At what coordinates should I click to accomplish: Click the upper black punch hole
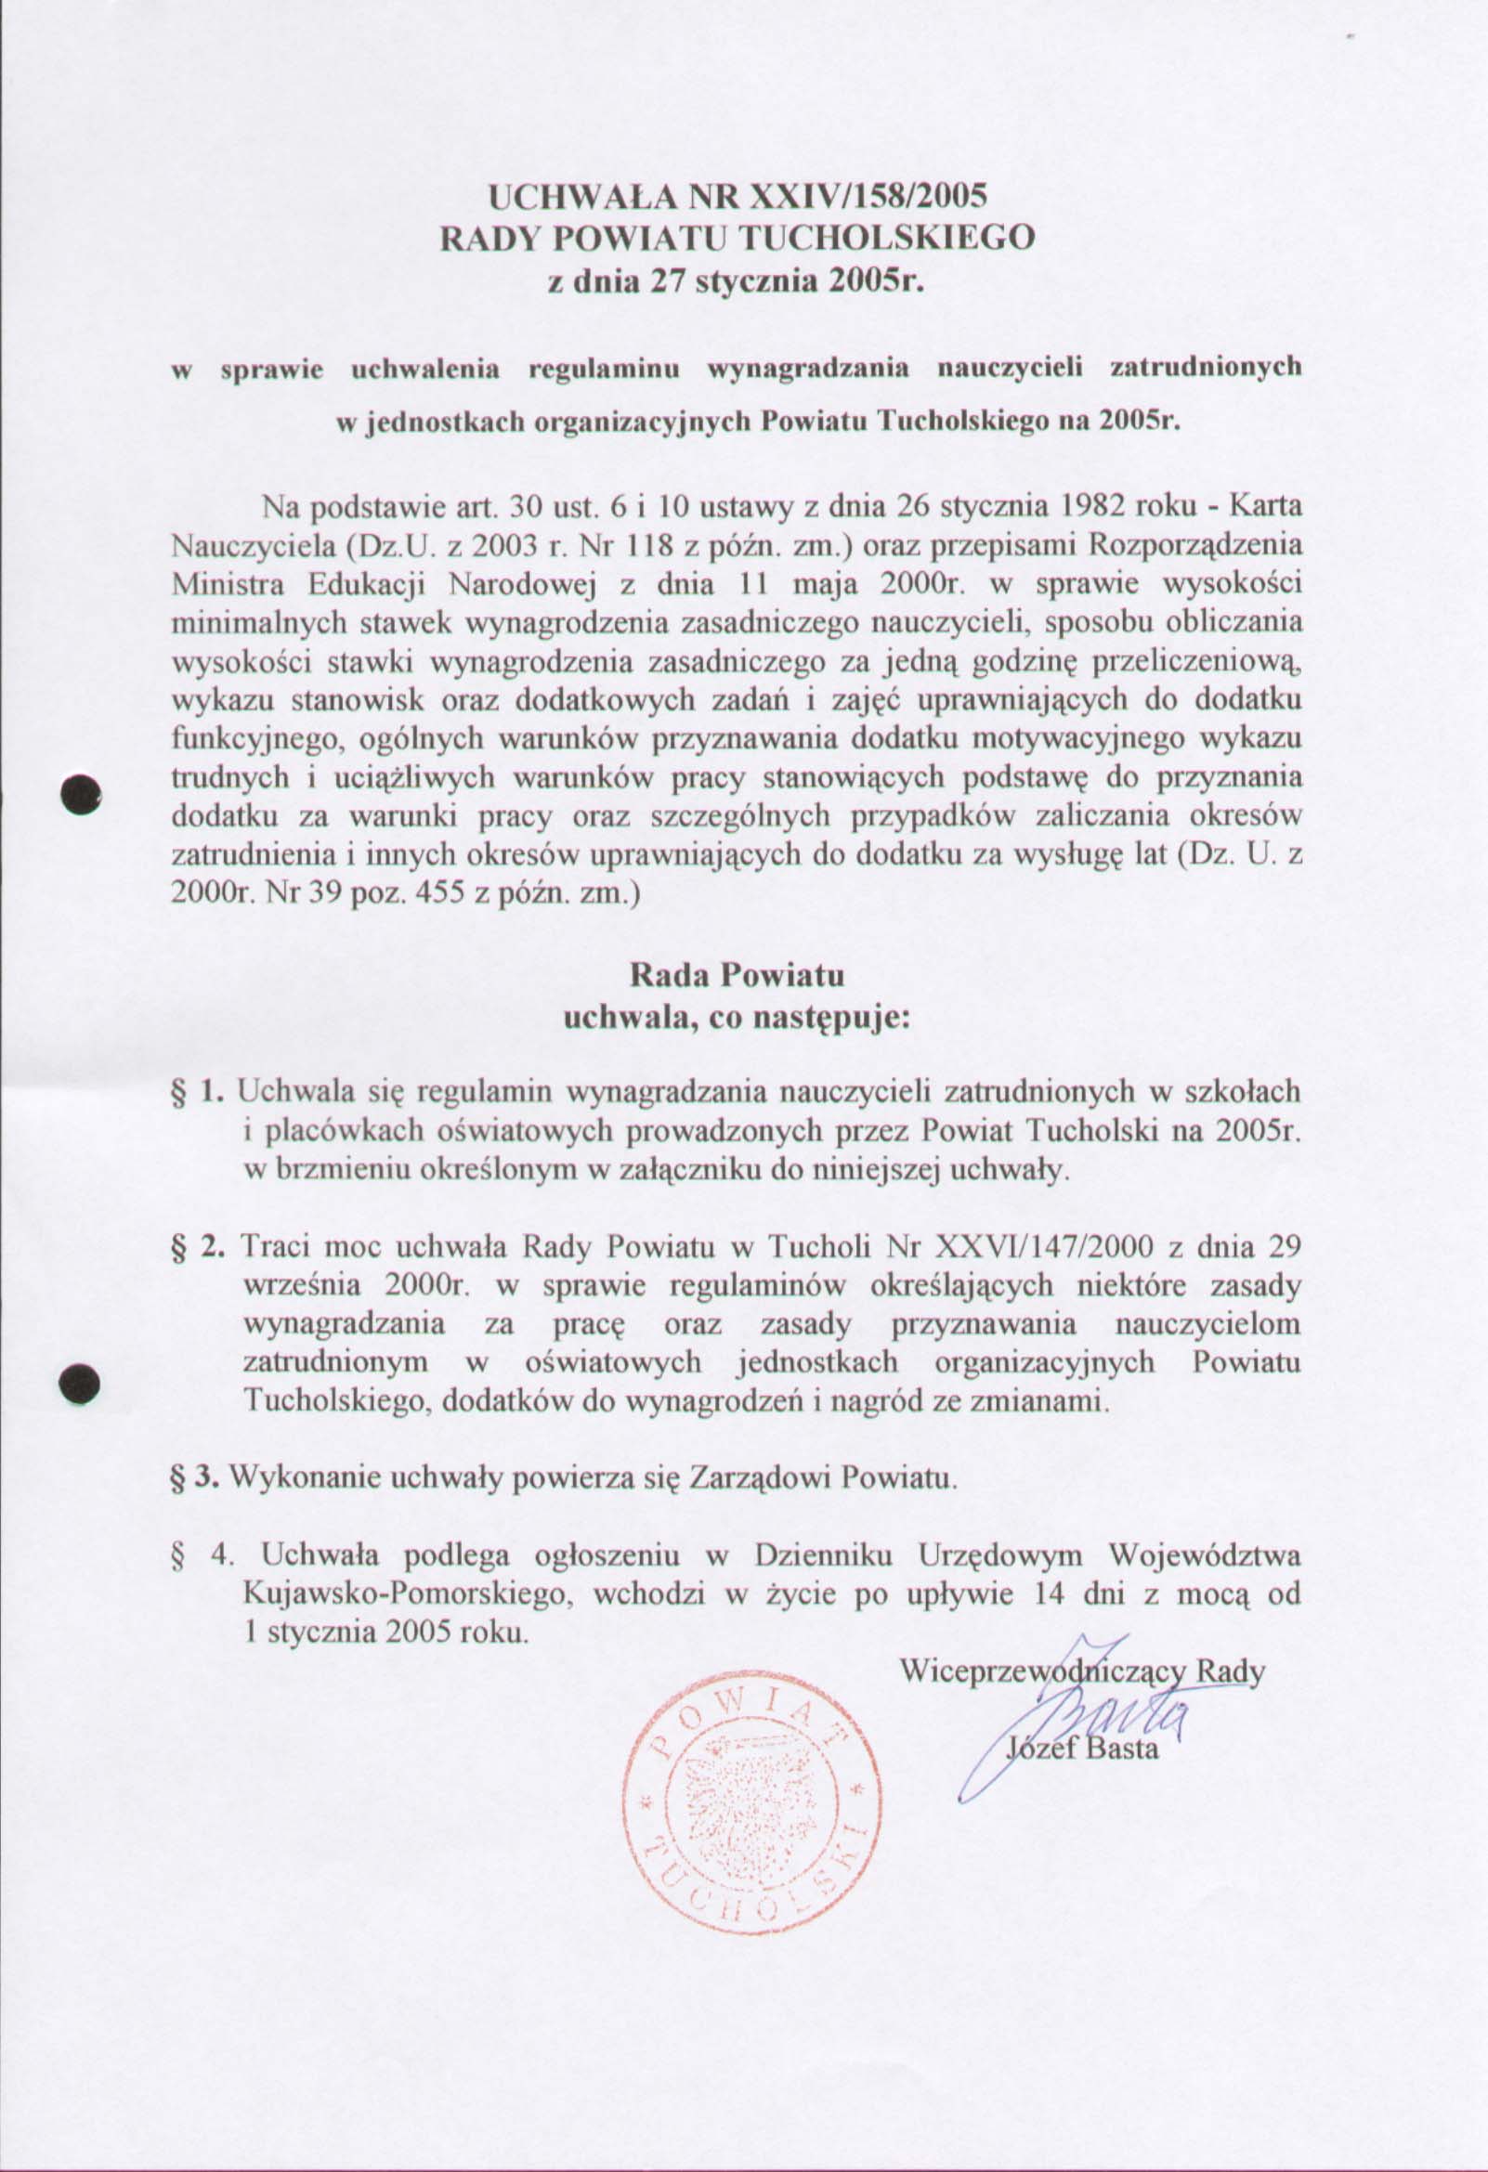click(x=80, y=794)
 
